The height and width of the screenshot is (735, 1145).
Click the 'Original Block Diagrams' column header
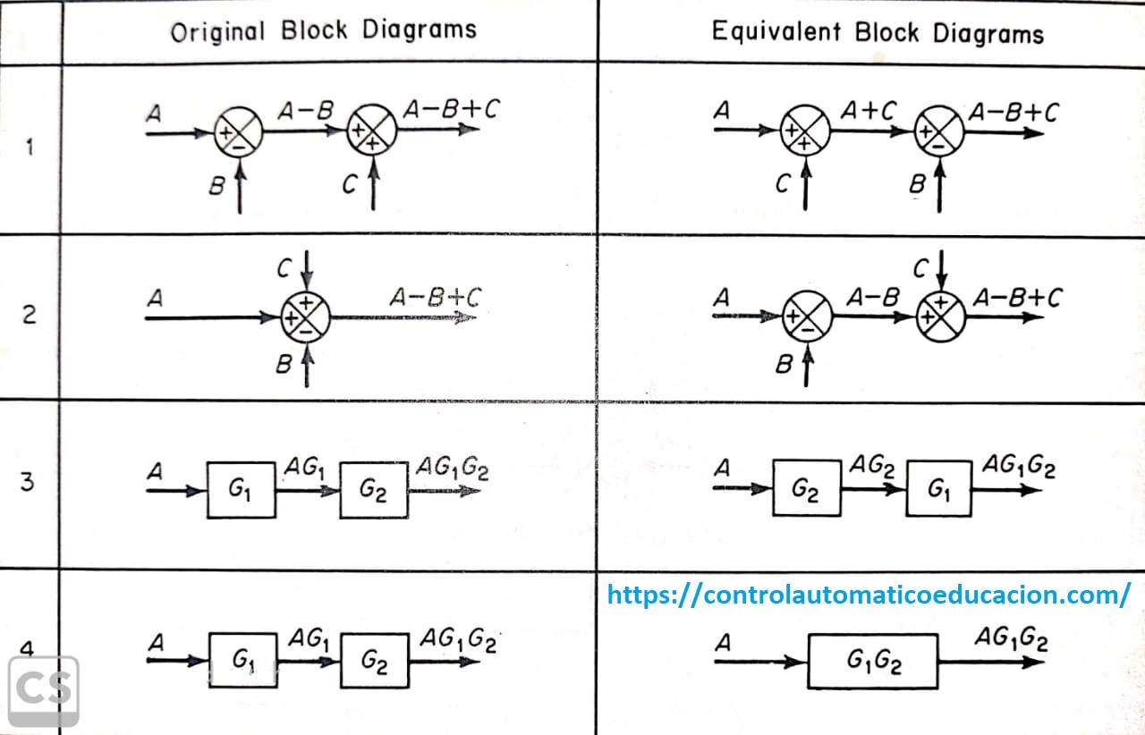(x=324, y=31)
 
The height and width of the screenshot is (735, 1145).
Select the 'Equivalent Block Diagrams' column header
(x=877, y=33)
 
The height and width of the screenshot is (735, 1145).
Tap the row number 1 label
(x=30, y=148)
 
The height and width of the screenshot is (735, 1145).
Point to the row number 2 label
(x=30, y=315)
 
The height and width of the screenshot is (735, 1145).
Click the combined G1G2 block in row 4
(x=872, y=662)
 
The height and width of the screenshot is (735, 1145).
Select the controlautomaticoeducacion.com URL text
(x=868, y=595)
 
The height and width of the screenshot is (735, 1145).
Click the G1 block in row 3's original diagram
(x=242, y=490)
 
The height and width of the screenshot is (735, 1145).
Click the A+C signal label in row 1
(x=868, y=110)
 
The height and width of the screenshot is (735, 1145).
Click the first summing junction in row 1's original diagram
(x=238, y=132)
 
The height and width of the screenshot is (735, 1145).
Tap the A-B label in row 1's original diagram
(x=305, y=110)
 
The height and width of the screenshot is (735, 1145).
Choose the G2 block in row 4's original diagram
(x=374, y=662)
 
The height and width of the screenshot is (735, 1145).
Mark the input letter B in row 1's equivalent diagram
(x=917, y=185)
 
